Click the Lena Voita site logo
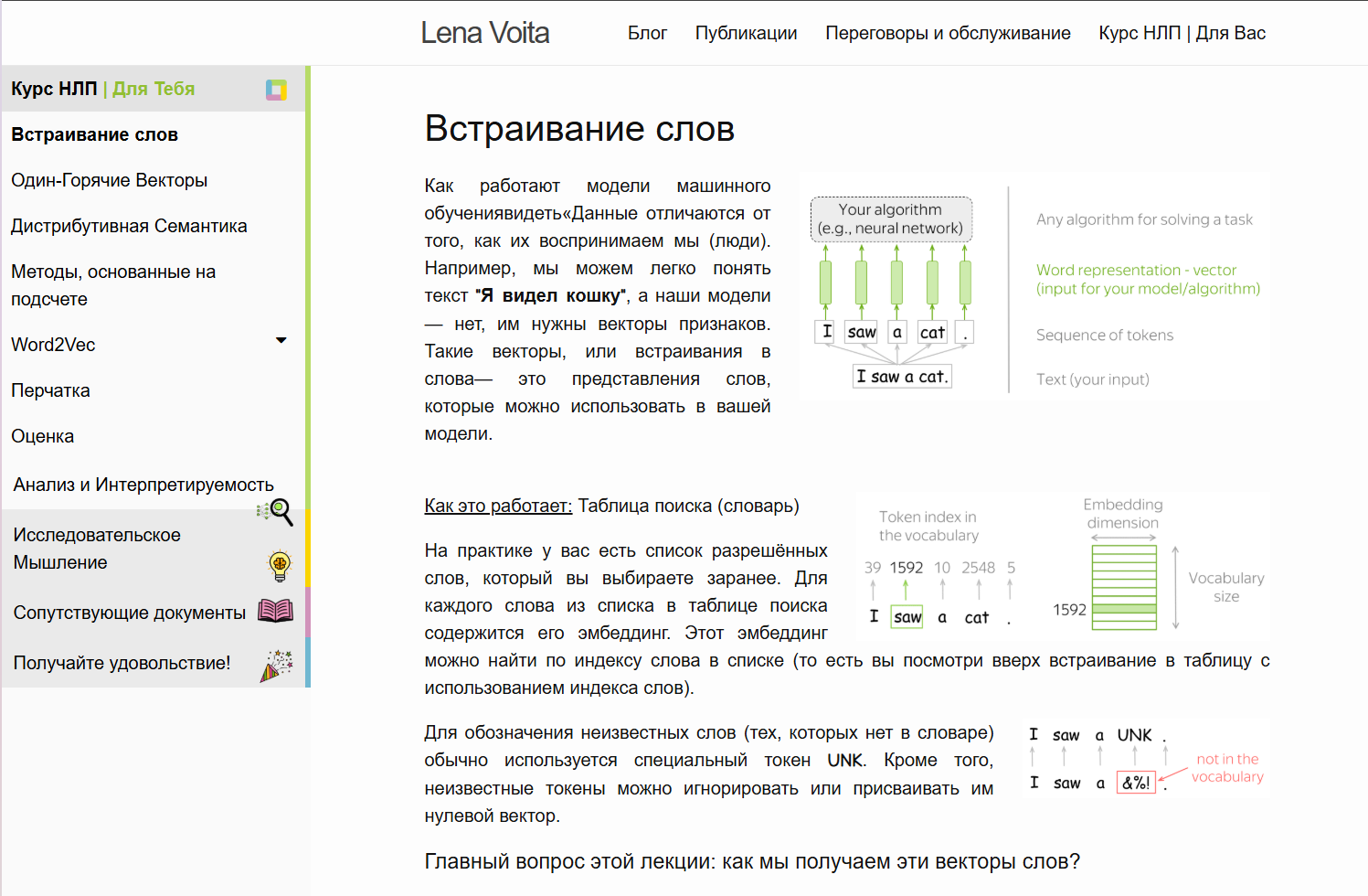click(x=484, y=33)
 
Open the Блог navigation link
click(x=647, y=33)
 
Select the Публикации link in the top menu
click(x=746, y=33)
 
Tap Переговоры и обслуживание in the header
click(x=948, y=33)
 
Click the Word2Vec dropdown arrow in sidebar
click(x=281, y=341)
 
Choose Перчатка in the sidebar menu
click(x=51, y=390)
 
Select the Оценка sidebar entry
click(x=43, y=436)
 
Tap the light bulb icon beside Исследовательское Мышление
click(x=280, y=566)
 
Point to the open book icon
click(x=275, y=611)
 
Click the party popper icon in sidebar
click(x=276, y=665)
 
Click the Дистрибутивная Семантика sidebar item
click(x=129, y=226)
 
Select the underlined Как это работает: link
click(x=498, y=506)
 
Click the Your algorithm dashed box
click(x=890, y=219)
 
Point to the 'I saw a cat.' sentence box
click(x=903, y=377)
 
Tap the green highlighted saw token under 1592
click(x=907, y=617)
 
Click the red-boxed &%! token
click(x=1136, y=783)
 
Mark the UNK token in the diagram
click(x=1134, y=735)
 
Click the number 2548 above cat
click(x=978, y=568)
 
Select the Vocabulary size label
click(x=1225, y=587)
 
